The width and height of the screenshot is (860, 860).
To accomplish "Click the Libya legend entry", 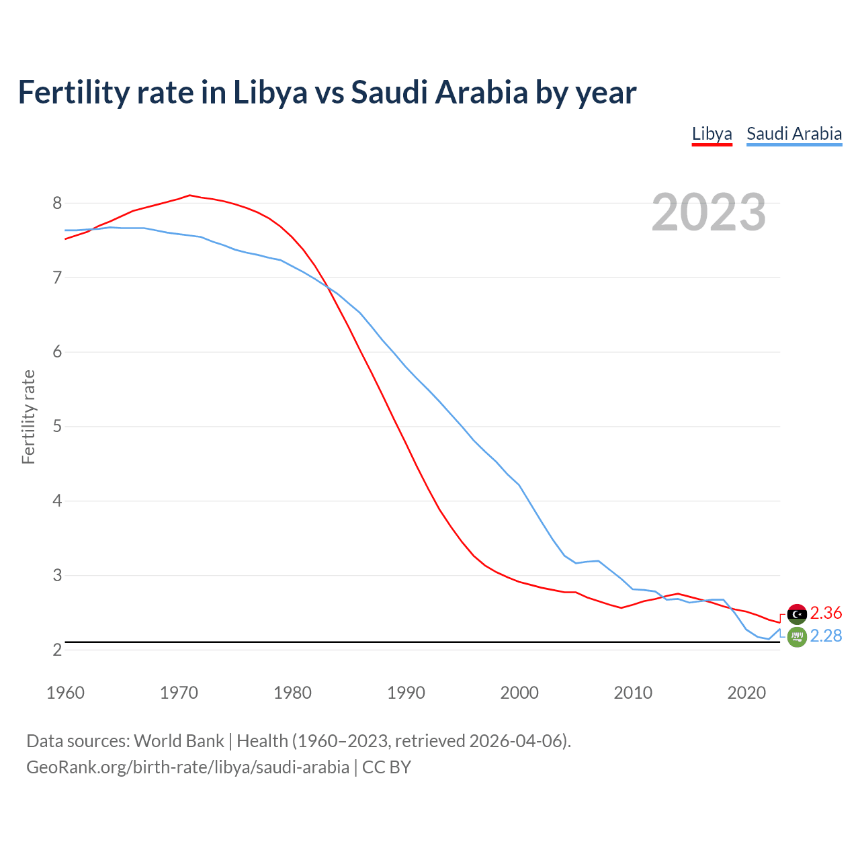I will point(712,134).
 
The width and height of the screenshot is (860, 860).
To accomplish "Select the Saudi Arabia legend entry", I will point(793,134).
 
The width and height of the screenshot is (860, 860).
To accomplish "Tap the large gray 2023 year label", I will point(708,212).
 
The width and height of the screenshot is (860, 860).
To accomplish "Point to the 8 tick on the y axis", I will point(57,203).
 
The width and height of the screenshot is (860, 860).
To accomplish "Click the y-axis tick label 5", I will point(57,427).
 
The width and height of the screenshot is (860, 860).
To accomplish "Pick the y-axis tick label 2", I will point(57,650).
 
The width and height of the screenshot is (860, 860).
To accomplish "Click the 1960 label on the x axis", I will point(65,693).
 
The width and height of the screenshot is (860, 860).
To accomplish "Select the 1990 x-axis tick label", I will point(406,693).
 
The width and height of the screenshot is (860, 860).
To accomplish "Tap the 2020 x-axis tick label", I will point(746,693).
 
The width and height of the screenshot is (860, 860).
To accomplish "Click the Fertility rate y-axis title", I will point(28,417).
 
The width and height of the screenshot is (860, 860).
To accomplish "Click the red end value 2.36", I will point(826,613).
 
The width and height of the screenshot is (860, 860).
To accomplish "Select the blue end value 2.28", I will point(826,636).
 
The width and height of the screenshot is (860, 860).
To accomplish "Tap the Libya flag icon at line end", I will point(797,613).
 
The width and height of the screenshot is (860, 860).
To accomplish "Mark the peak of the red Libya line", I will point(189,196).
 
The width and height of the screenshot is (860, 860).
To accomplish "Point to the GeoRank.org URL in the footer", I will point(187,767).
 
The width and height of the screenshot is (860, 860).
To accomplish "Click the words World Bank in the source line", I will point(179,741).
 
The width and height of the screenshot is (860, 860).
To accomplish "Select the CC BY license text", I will point(386,767).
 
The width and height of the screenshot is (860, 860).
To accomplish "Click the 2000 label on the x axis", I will point(519,693).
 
